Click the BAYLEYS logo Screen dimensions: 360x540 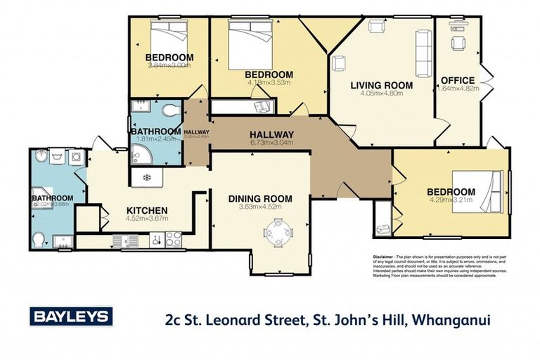coord(70,317)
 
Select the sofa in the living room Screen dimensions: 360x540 coord(424,47)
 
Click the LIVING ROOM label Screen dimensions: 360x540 coord(381,86)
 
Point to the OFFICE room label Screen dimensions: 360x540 coord(457,80)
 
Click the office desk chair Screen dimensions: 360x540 coord(458,44)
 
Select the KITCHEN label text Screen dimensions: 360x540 coord(146,210)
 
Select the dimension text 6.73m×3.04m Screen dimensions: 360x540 coord(271,143)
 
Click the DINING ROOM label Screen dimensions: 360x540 coord(260,199)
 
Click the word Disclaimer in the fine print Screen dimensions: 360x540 coord(384,258)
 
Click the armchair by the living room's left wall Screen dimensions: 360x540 coord(338,63)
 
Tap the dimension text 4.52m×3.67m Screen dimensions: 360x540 coord(146,219)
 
